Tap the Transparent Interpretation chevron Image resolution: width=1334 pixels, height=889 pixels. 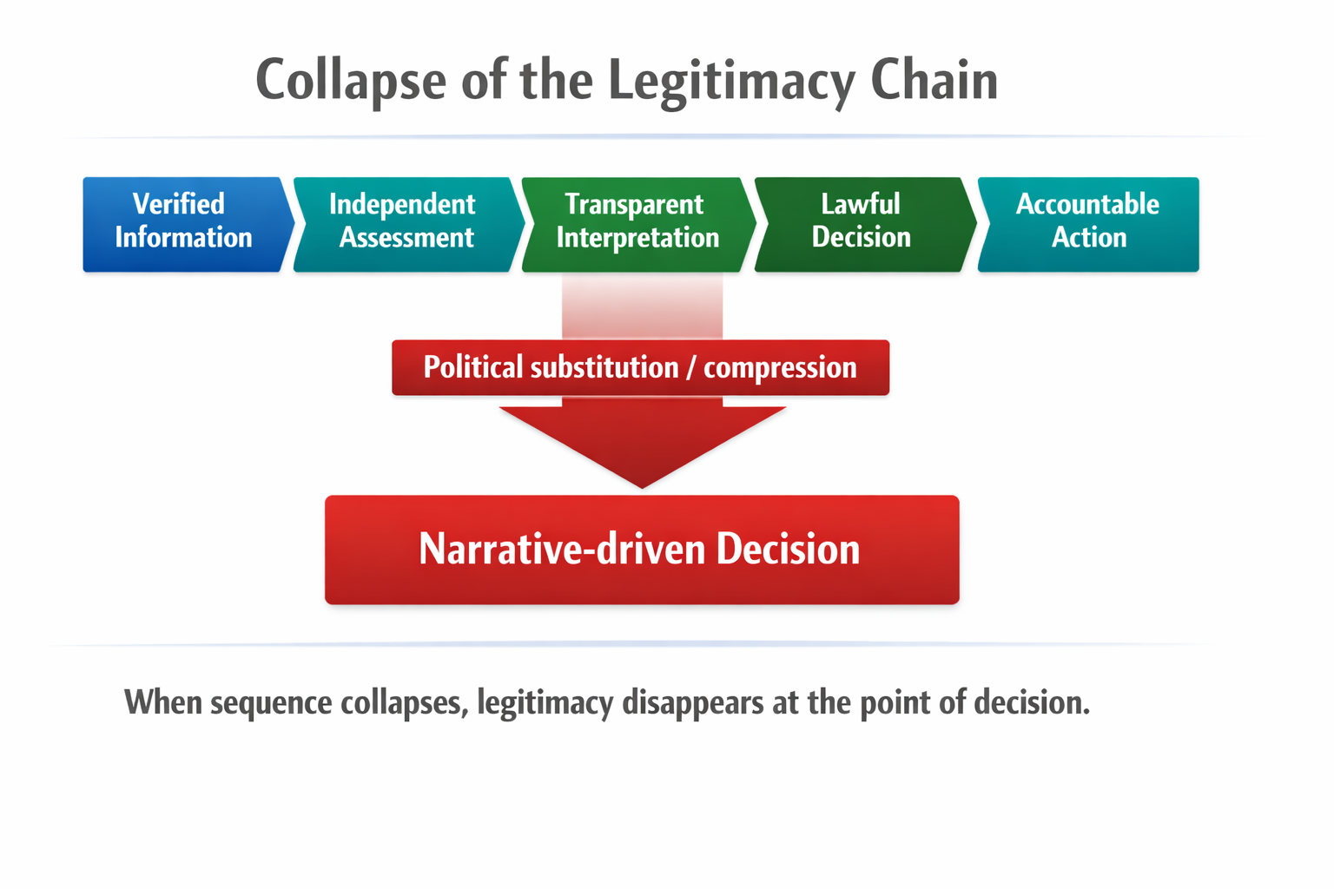[637, 224]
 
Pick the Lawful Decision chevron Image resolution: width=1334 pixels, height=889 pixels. [862, 224]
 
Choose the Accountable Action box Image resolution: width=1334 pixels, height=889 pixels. [1089, 224]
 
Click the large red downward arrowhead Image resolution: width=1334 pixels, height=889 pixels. [642, 443]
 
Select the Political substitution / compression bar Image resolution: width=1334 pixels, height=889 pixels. [640, 367]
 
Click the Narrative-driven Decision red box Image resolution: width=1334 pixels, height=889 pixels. [642, 550]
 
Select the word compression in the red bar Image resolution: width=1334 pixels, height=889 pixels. [780, 367]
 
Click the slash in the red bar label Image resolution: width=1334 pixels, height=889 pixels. [690, 368]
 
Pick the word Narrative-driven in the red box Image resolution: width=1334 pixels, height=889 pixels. [561, 550]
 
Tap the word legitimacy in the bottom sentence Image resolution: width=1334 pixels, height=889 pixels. [545, 702]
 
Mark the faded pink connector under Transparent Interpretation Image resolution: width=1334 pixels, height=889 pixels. [642, 306]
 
